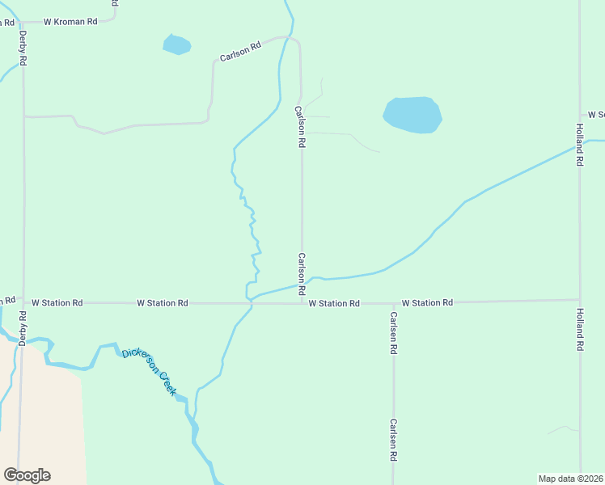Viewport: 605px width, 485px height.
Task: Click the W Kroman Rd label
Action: point(70,22)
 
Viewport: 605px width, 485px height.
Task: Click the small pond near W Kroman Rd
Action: point(176,44)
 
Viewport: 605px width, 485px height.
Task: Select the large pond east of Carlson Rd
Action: point(412,114)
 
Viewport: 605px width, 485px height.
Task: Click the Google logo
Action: point(27,474)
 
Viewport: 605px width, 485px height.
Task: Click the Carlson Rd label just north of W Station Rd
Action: point(301,273)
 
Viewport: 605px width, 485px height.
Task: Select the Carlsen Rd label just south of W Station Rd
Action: point(394,333)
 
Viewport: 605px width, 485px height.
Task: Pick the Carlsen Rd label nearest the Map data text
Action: point(392,440)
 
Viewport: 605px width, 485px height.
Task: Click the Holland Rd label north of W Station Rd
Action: point(579,145)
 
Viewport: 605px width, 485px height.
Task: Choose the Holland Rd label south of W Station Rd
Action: point(579,329)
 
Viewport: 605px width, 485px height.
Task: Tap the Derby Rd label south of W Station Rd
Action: point(23,328)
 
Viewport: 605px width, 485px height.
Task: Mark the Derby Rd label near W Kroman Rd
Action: point(23,48)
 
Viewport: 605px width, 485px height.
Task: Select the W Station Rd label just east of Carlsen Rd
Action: point(426,302)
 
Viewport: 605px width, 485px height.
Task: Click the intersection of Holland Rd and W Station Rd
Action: point(579,300)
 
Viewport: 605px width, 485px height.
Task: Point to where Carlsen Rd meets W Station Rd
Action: point(394,303)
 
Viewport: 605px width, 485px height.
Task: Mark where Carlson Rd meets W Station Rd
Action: point(302,304)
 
